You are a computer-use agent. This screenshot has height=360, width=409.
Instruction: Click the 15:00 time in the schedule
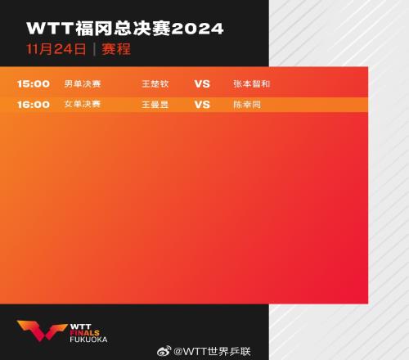34,83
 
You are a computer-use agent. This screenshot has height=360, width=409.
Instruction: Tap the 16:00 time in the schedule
34,105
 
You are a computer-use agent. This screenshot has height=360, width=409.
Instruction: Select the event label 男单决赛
83,83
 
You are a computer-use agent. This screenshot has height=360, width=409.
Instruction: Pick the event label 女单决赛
83,104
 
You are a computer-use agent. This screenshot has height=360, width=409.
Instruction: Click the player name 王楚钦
155,83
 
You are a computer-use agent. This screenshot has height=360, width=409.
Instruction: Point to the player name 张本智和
252,83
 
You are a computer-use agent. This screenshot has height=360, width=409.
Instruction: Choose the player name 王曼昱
155,105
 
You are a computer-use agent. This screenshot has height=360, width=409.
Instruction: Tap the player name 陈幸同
247,105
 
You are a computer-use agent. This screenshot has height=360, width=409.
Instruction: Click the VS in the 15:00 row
202,83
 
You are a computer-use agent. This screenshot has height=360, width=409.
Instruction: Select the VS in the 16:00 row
202,105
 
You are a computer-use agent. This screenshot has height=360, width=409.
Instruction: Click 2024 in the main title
197,29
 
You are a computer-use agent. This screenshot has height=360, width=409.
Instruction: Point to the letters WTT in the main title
50,29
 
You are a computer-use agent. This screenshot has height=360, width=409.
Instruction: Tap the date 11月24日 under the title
56,49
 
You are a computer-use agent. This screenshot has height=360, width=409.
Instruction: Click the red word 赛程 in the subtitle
116,49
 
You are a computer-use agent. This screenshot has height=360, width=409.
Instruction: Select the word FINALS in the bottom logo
85,333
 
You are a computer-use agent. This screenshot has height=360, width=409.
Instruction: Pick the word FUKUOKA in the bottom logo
88,340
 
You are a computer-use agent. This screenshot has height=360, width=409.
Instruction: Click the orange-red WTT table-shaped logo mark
42,331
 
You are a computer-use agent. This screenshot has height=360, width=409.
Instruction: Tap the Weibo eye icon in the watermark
164,351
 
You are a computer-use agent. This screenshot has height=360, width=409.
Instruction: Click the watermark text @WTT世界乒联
212,351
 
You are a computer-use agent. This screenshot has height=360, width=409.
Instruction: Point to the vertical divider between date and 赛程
94,49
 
